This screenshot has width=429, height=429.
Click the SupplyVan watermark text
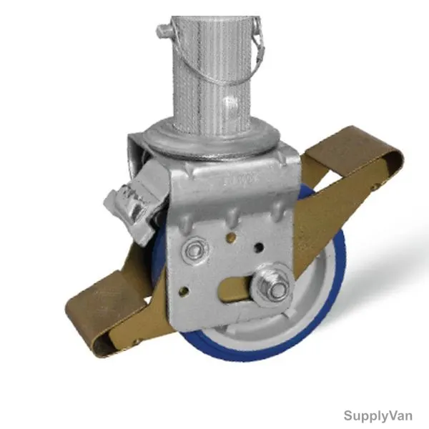tap(378, 415)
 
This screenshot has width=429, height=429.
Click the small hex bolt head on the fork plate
tap(194, 249)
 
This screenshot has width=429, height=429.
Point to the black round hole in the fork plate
tap(259, 248)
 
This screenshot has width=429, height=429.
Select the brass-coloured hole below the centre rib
tap(232, 237)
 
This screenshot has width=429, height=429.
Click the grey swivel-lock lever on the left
tap(132, 204)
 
